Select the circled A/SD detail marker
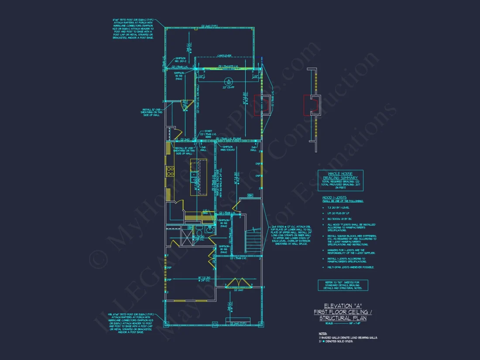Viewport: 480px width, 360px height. click(228, 81)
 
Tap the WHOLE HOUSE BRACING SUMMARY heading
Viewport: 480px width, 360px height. click(340, 176)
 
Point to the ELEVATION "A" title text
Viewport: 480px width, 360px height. click(340, 305)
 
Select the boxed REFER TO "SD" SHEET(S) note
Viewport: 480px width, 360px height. click(343, 285)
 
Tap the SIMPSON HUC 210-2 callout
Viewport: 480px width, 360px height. click(181, 59)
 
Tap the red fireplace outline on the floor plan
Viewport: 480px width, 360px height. click(264, 105)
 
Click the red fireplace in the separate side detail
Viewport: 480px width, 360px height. click(310, 105)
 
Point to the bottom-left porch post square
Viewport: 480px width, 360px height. click(166, 323)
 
